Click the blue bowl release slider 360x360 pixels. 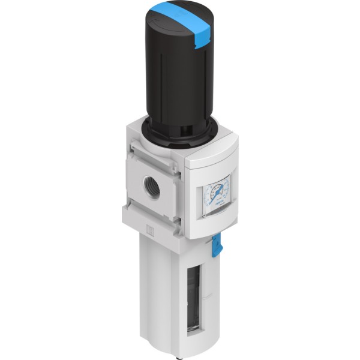(x=217, y=245)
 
